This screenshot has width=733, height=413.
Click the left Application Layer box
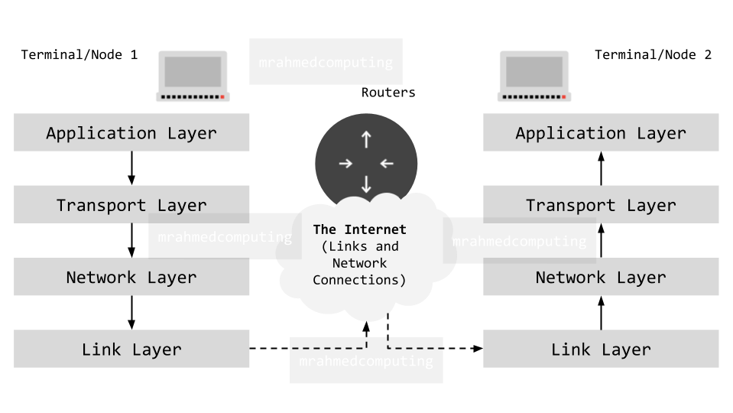click(131, 132)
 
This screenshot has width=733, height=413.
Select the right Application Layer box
click(601, 132)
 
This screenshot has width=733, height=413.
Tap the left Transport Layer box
click(131, 204)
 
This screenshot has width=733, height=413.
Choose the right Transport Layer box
click(601, 204)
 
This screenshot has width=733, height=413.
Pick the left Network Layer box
click(131, 277)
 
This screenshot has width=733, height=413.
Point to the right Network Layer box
click(601, 277)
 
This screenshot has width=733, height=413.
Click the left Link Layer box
click(131, 349)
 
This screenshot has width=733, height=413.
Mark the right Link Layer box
click(601, 349)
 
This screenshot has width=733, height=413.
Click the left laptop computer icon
click(192, 76)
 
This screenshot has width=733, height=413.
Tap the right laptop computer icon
click(534, 76)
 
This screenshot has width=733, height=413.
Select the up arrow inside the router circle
click(366, 139)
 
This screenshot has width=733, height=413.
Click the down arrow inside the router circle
click(366, 184)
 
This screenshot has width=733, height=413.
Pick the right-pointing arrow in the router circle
click(345, 163)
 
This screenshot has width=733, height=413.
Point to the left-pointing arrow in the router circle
click(387, 163)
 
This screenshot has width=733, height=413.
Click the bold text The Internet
click(359, 229)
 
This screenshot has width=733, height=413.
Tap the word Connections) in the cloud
click(359, 280)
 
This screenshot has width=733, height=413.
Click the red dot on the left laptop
click(222, 97)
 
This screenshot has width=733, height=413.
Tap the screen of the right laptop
click(534, 71)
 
